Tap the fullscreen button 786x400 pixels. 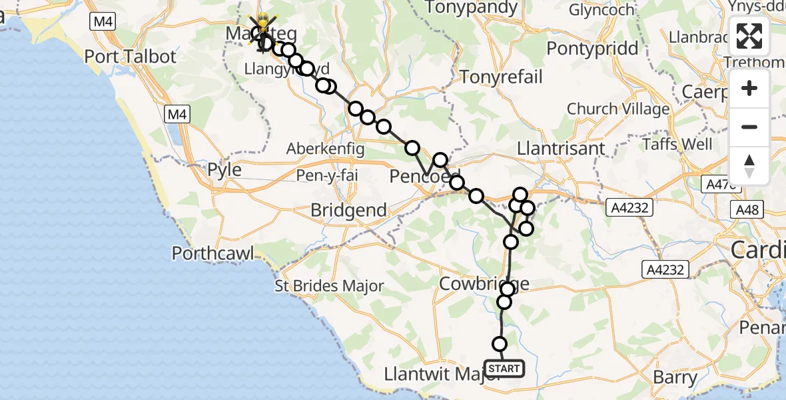[x=749, y=36]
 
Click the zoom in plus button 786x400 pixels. [x=749, y=89]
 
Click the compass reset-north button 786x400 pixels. [x=749, y=166]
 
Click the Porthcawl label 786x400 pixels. [x=214, y=253]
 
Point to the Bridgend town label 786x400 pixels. [x=348, y=211]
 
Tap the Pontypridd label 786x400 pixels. [x=592, y=49]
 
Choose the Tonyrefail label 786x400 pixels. [x=501, y=77]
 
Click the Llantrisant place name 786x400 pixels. [x=555, y=148]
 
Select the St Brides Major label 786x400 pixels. [x=330, y=287]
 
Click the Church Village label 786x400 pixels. [x=618, y=109]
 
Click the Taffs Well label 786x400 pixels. [x=677, y=144]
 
